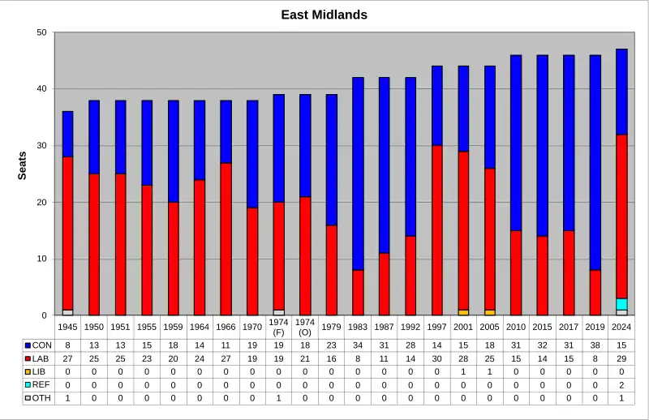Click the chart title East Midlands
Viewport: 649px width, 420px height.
pyautogui.click(x=324, y=15)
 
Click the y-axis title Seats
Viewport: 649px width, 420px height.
pyautogui.click(x=23, y=165)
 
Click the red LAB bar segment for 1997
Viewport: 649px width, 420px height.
pyautogui.click(x=437, y=230)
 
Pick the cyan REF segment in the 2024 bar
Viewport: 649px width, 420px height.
pyautogui.click(x=621, y=304)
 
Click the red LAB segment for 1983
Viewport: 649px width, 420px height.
pyautogui.click(x=358, y=293)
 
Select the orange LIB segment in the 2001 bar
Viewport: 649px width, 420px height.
pyautogui.click(x=463, y=312)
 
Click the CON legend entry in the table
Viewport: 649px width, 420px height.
pyautogui.click(x=38, y=345)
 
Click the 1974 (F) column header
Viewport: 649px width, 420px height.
pyautogui.click(x=278, y=327)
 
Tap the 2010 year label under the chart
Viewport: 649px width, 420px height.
pyautogui.click(x=516, y=327)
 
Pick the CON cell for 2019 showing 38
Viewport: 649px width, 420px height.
pyautogui.click(x=595, y=345)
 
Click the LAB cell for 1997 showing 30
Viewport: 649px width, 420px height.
pyautogui.click(x=437, y=358)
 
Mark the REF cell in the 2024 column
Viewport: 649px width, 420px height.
pyautogui.click(x=621, y=384)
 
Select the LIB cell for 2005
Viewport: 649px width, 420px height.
pyautogui.click(x=490, y=371)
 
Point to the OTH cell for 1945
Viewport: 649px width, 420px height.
pyautogui.click(x=68, y=398)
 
